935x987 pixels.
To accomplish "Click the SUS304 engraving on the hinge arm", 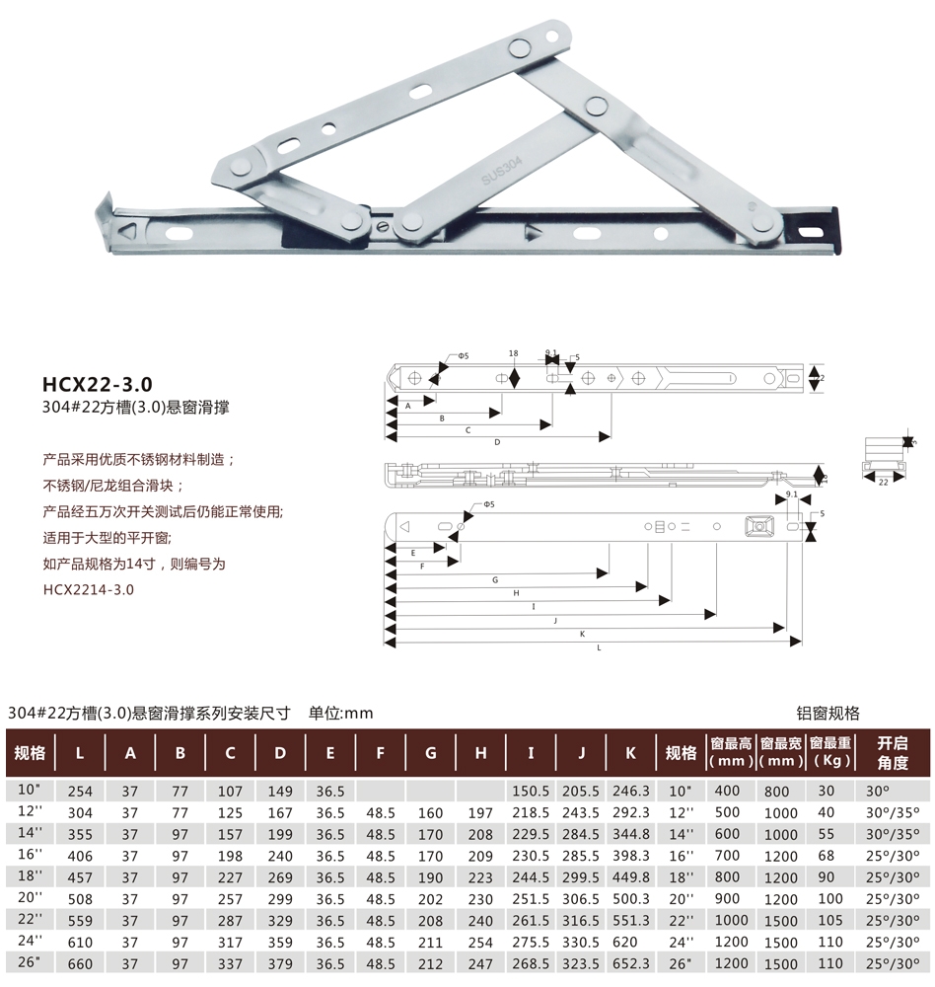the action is pyautogui.click(x=501, y=171).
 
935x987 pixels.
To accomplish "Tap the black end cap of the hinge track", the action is pyautogui.click(x=834, y=229).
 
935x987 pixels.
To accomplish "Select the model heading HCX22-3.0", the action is pyautogui.click(x=98, y=384).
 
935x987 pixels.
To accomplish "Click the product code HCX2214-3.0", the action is pyautogui.click(x=89, y=590).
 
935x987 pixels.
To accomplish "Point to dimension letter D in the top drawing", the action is pyautogui.click(x=497, y=442).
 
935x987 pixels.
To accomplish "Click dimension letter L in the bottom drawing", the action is pyautogui.click(x=599, y=647).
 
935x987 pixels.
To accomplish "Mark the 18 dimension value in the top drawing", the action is pyautogui.click(x=514, y=353).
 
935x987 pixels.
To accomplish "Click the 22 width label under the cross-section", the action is pyautogui.click(x=884, y=483).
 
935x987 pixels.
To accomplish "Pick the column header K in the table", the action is pyautogui.click(x=630, y=753).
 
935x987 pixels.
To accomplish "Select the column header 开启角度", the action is pyautogui.click(x=893, y=753).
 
